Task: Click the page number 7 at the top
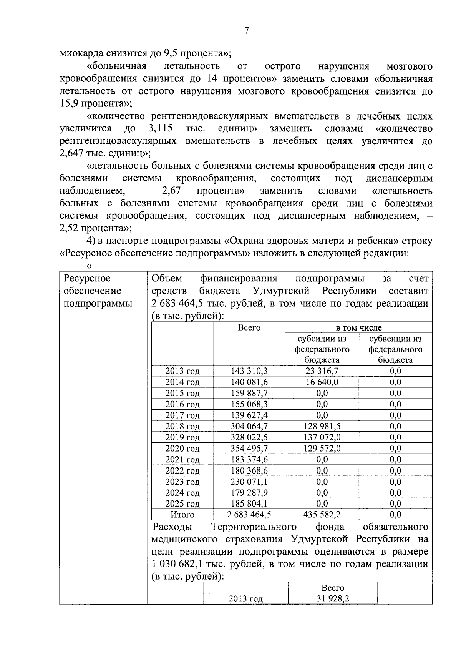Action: coord(246,31)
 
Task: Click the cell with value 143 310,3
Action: coord(249,371)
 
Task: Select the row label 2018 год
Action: coord(182,427)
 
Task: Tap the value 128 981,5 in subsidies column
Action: coord(322,426)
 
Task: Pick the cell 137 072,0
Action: coord(322,437)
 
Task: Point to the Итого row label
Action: coord(182,515)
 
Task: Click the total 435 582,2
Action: coord(322,515)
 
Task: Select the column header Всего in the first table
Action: coord(249,328)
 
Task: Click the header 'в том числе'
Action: coord(358,328)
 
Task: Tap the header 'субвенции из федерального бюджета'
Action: coord(395,349)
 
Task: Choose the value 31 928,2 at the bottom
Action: coord(333,598)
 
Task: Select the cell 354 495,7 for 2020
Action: coord(249,449)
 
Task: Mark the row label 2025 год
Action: coord(182,504)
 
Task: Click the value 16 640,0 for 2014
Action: coord(322,382)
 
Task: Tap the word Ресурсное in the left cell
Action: coord(87,278)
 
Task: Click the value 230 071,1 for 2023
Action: coord(249,482)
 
